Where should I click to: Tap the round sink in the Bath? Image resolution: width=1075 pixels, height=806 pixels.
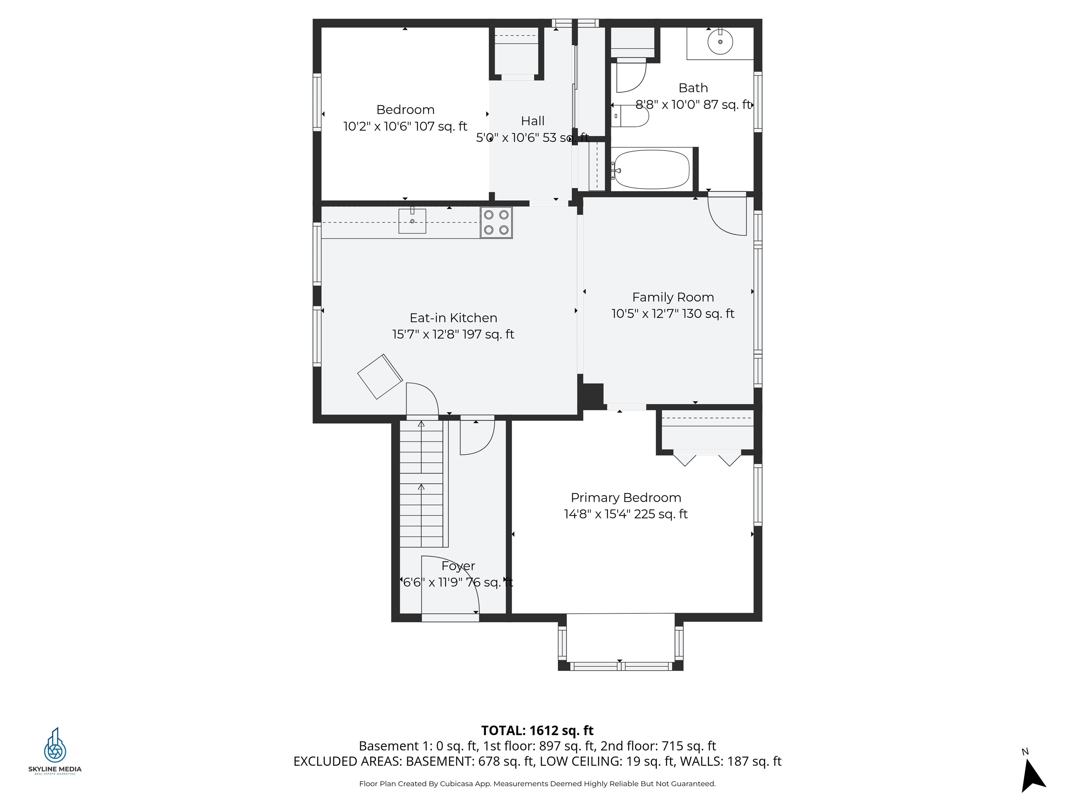(x=720, y=42)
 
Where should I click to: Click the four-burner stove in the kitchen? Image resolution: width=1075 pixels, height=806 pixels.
(x=496, y=222)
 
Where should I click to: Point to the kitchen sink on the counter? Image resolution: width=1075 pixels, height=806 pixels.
(x=412, y=221)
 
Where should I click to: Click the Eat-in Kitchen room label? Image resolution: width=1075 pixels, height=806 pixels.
(x=453, y=318)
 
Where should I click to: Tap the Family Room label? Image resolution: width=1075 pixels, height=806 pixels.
(x=673, y=297)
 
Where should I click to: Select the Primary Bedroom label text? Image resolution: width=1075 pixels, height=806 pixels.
(x=625, y=497)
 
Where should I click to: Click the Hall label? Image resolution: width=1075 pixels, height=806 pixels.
(x=533, y=121)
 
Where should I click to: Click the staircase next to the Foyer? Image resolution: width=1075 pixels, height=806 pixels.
(x=421, y=486)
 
